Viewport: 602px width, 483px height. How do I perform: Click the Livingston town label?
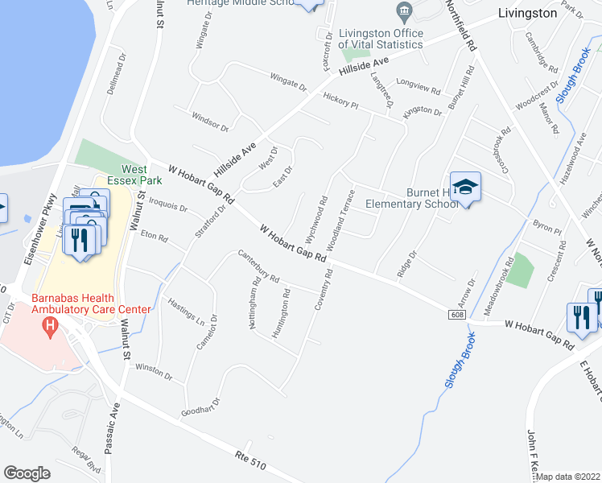point(527,13)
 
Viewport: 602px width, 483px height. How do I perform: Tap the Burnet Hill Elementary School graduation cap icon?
point(464,188)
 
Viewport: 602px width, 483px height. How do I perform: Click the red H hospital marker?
point(51,326)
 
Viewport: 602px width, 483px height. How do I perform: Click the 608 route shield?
point(457,316)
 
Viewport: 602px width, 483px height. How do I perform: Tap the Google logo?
point(27,473)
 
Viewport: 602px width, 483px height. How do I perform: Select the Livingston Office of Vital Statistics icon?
point(403,10)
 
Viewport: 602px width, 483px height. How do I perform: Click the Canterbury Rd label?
point(258,267)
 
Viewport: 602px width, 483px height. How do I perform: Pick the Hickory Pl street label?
point(340,101)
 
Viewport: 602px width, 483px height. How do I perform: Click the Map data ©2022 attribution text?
point(568,477)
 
